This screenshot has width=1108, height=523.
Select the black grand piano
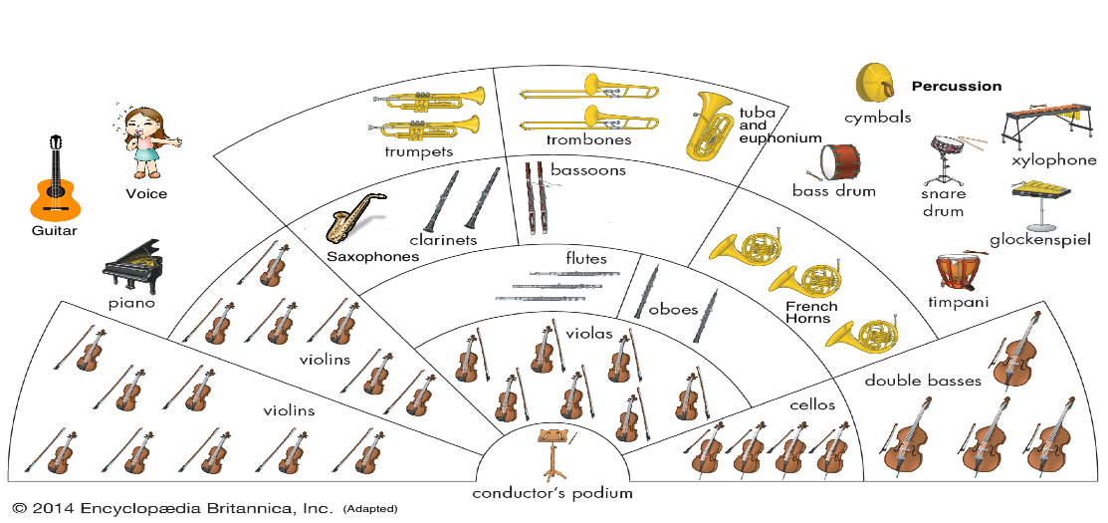pyautogui.click(x=132, y=265)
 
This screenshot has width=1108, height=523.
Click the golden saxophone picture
pyautogui.click(x=353, y=218)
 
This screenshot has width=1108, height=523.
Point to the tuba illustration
pyautogui.click(x=708, y=126)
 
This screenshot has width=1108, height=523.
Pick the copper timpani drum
pyautogui.click(x=957, y=272)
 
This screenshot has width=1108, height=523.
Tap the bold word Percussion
pyautogui.click(x=957, y=86)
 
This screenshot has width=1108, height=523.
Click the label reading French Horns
pyautogui.click(x=812, y=313)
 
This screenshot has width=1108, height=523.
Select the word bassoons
pyautogui.click(x=587, y=170)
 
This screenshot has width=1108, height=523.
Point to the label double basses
pyautogui.click(x=923, y=380)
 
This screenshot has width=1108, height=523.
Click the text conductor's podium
pyautogui.click(x=553, y=492)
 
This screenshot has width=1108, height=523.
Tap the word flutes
pyautogui.click(x=586, y=259)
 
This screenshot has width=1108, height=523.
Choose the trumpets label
pyautogui.click(x=419, y=151)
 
